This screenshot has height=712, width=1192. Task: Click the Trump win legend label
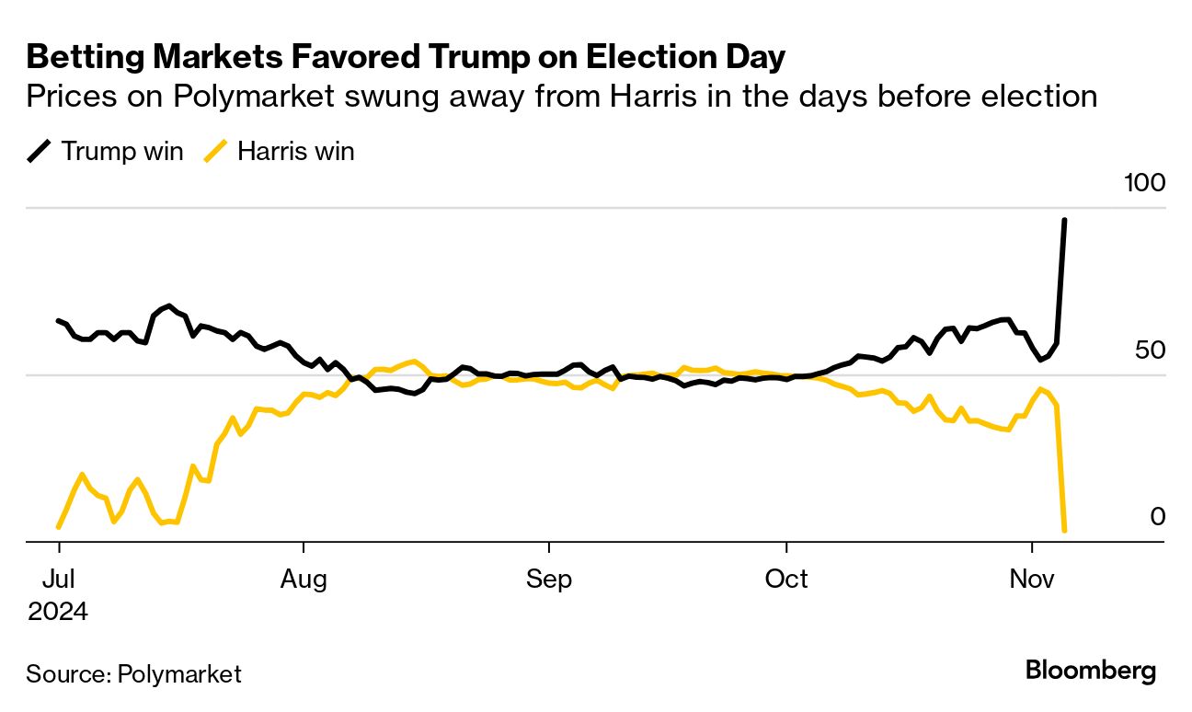(x=121, y=152)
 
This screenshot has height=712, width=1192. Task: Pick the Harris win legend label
(x=295, y=152)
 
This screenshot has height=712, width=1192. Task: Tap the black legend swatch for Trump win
(x=40, y=152)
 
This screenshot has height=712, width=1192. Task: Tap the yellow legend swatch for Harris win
(x=216, y=152)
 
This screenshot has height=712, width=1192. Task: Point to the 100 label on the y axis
(x=1145, y=183)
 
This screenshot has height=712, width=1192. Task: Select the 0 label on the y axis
(x=1158, y=517)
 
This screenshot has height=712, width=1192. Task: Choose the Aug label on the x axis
(x=303, y=580)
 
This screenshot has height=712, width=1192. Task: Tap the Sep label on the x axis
(x=548, y=580)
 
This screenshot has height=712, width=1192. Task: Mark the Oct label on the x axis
(x=786, y=580)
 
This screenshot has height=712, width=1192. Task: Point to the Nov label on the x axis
(x=1032, y=580)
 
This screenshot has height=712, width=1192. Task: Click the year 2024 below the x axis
(x=58, y=612)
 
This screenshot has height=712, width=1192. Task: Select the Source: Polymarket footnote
(x=133, y=674)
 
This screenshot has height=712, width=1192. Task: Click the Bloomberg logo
(x=1091, y=671)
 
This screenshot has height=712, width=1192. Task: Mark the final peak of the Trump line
(x=1064, y=221)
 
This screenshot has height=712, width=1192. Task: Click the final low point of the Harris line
(x=1064, y=531)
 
